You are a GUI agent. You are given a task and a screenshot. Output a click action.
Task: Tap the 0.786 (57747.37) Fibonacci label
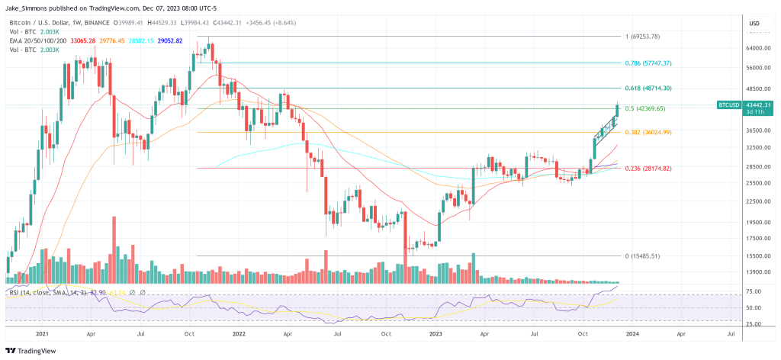point(649,63)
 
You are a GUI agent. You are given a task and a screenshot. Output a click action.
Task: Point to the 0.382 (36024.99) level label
point(649,132)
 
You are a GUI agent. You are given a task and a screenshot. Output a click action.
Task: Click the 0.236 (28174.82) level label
point(649,168)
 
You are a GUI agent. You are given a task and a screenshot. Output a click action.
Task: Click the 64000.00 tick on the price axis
point(754,48)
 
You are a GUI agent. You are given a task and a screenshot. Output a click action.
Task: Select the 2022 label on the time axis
point(237,334)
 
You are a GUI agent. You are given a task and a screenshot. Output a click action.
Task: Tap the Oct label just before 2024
point(583,334)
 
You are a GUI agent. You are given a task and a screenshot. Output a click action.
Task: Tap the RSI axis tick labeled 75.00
point(754,291)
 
